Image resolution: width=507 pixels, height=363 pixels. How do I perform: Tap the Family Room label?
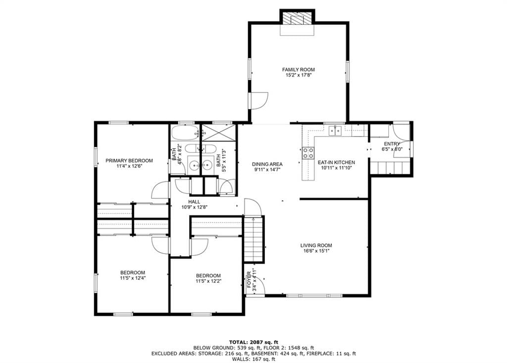[x=299, y=70]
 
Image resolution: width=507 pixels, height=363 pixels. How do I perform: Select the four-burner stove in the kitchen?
[x=308, y=153]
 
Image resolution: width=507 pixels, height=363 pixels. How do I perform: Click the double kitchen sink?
[x=336, y=131]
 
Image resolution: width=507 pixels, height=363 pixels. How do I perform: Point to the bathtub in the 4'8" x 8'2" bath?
[x=185, y=133]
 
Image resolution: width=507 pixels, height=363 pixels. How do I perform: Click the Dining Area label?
[x=267, y=164]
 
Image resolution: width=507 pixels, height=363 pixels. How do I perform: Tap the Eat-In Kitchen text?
[x=336, y=162]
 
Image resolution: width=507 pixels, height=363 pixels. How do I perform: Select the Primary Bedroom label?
[x=129, y=161]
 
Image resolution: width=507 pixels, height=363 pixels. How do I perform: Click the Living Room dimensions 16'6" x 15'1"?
[x=316, y=251]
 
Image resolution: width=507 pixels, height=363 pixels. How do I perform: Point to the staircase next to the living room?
[x=253, y=239]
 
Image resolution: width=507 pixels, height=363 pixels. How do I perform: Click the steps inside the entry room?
[x=391, y=168]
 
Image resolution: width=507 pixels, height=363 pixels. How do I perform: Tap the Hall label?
[x=194, y=202]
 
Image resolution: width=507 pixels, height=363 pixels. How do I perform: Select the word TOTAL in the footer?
[x=238, y=342]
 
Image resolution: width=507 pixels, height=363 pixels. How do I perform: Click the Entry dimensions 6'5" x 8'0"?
[x=392, y=149]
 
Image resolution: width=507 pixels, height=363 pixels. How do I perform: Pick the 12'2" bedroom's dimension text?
[x=208, y=281]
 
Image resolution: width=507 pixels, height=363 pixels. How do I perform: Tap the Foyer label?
[x=250, y=280]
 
